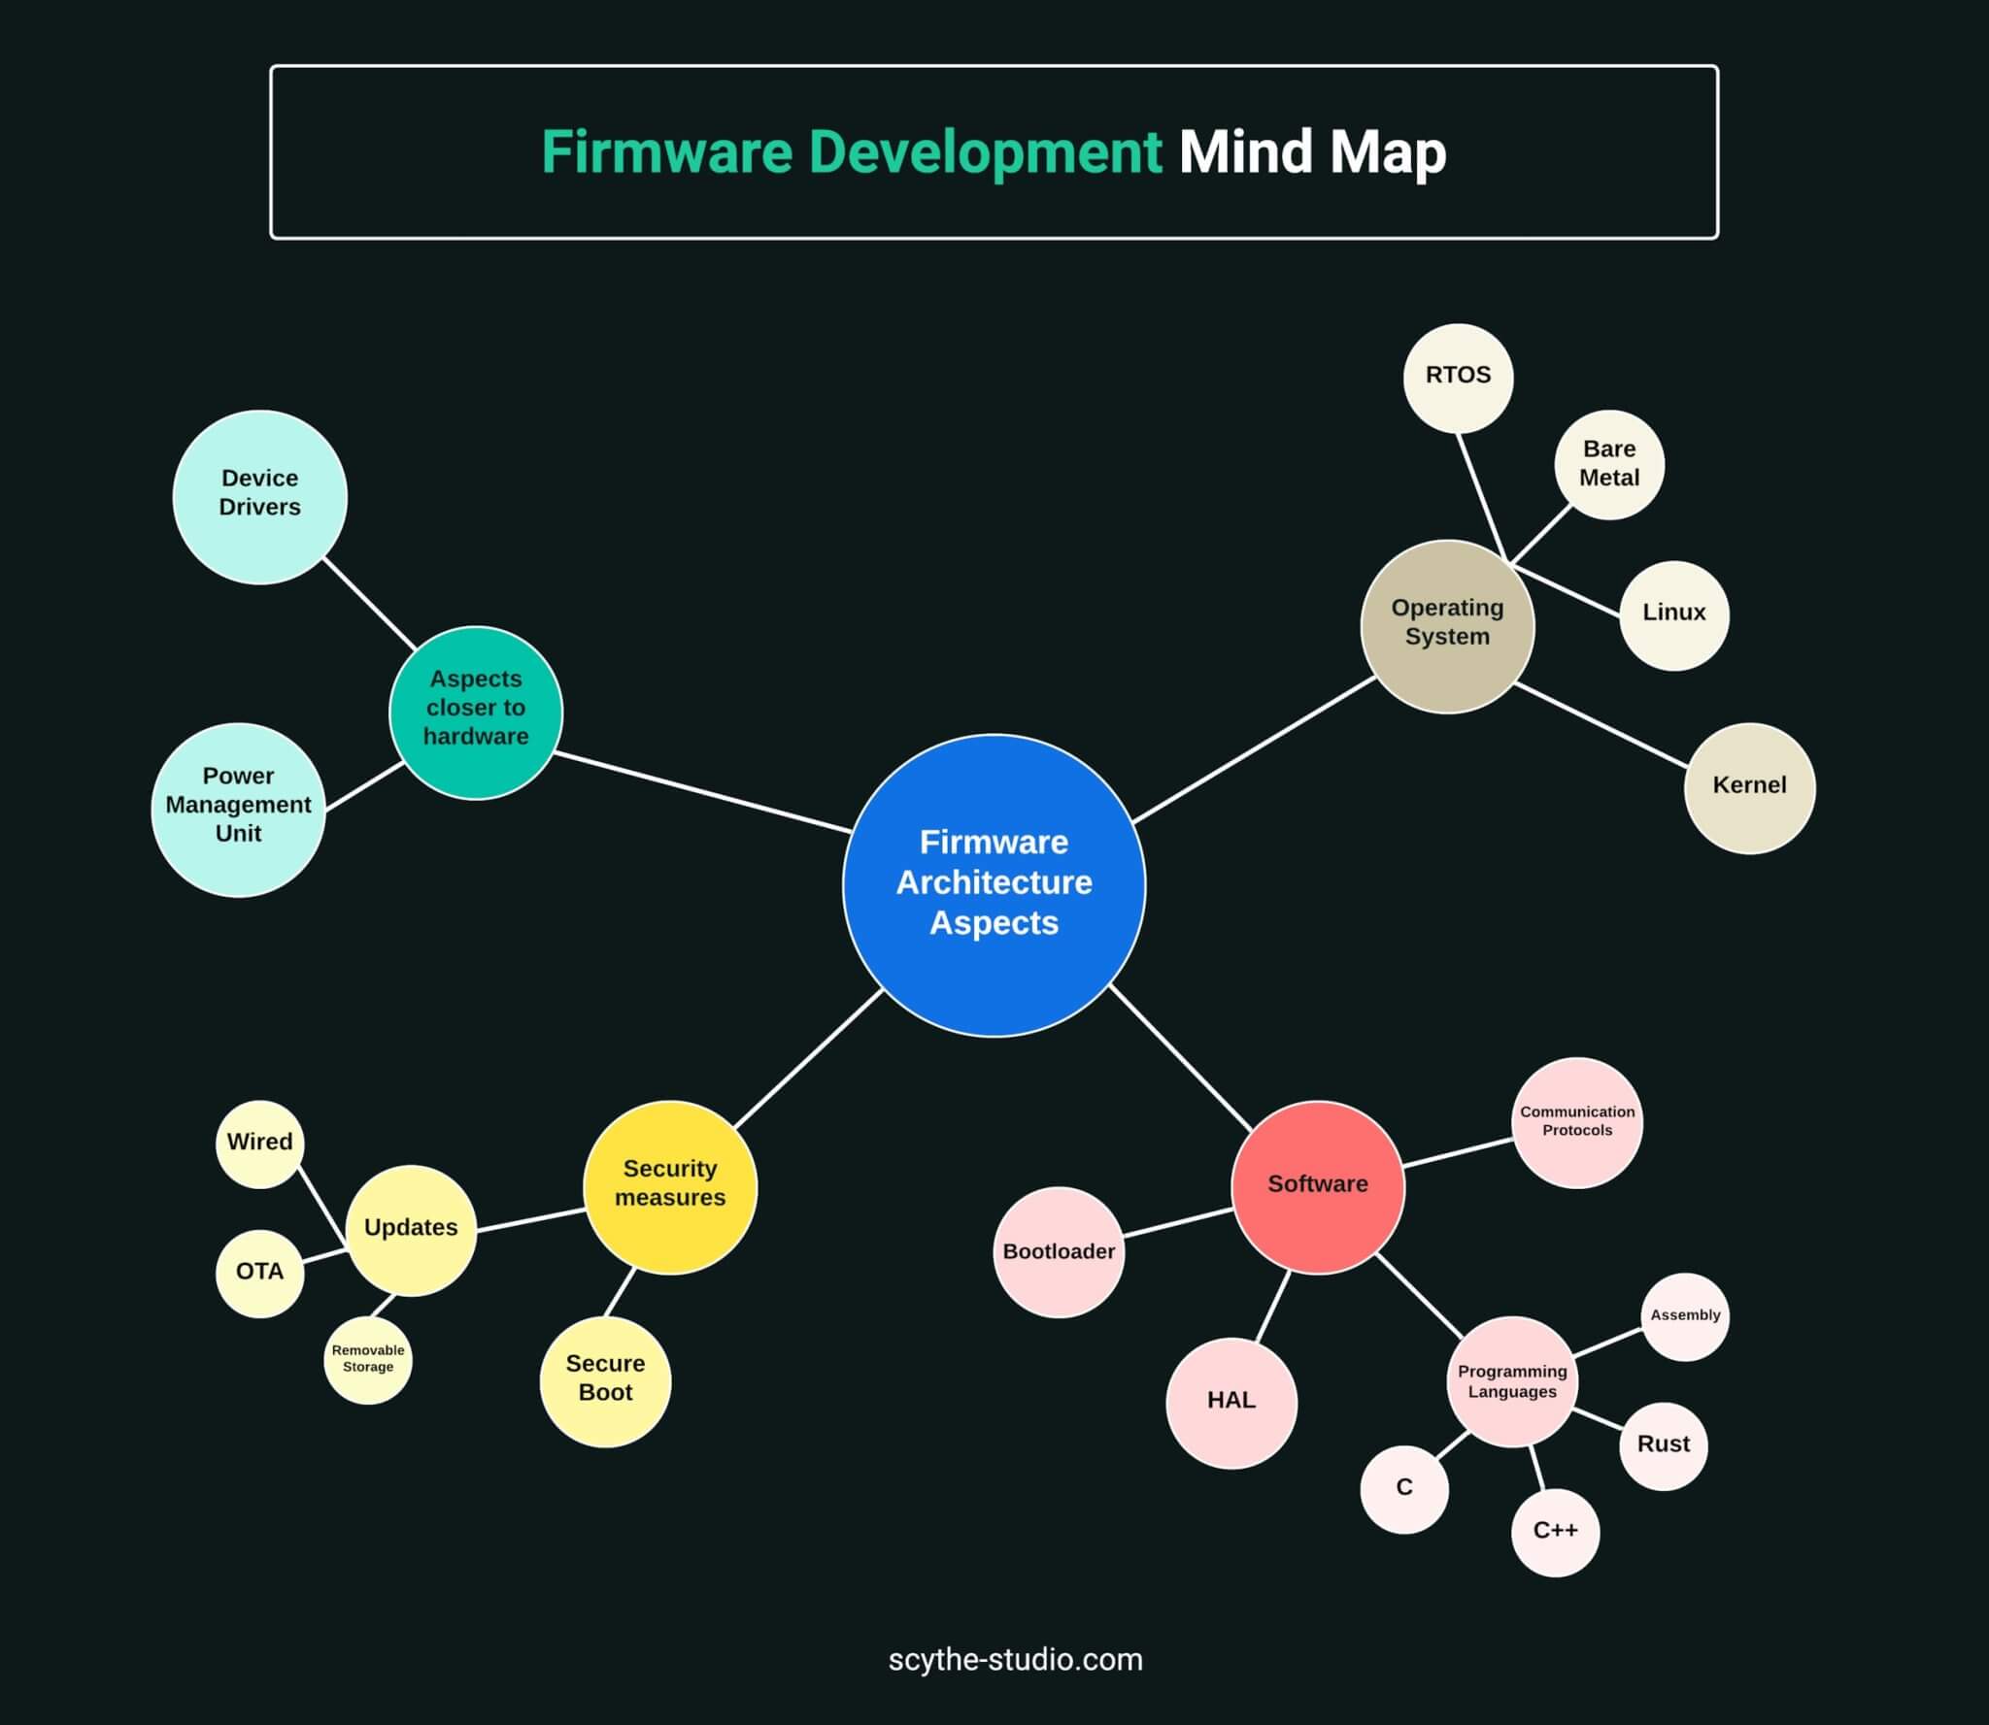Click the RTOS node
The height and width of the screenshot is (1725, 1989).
tap(1458, 378)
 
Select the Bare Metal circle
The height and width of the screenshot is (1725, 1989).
tap(1608, 464)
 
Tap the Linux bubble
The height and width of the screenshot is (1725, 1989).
tap(1673, 614)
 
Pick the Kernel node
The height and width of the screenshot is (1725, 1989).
tap(1748, 787)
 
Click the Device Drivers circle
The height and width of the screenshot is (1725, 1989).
tap(259, 496)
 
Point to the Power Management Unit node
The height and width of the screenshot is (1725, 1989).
tap(238, 808)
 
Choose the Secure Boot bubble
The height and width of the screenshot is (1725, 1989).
tap(605, 1380)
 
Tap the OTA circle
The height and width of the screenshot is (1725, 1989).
tap(259, 1273)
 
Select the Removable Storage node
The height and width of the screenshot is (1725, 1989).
tap(367, 1359)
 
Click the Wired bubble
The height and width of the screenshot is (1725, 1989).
tap(259, 1144)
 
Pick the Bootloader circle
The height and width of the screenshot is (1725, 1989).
tap(1059, 1252)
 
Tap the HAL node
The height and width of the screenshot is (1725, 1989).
tap(1230, 1402)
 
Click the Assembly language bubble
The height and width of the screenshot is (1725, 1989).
tap(1684, 1316)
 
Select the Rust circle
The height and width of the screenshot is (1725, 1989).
tap(1663, 1445)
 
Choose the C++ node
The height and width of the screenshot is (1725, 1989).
tap(1554, 1532)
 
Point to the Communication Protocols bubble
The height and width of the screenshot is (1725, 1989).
tap(1576, 1122)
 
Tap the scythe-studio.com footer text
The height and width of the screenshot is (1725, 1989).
tap(1015, 1659)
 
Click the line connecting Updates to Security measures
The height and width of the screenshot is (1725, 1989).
tap(530, 1220)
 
